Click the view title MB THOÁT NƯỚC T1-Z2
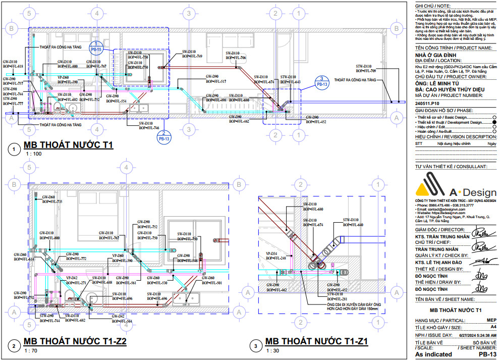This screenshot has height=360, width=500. coord(75,342)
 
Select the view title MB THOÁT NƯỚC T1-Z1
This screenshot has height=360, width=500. coord(316,342)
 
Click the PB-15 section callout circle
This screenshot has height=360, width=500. coord(96,48)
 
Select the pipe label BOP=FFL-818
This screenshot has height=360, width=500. coord(13,67)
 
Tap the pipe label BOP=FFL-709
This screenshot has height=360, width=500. coord(366,71)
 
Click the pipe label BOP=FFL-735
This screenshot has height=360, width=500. coord(52,202)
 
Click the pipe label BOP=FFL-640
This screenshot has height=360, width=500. coord(353,225)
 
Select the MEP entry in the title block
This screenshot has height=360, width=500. coord(491,320)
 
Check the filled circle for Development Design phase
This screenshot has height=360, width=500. coord(494,122)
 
